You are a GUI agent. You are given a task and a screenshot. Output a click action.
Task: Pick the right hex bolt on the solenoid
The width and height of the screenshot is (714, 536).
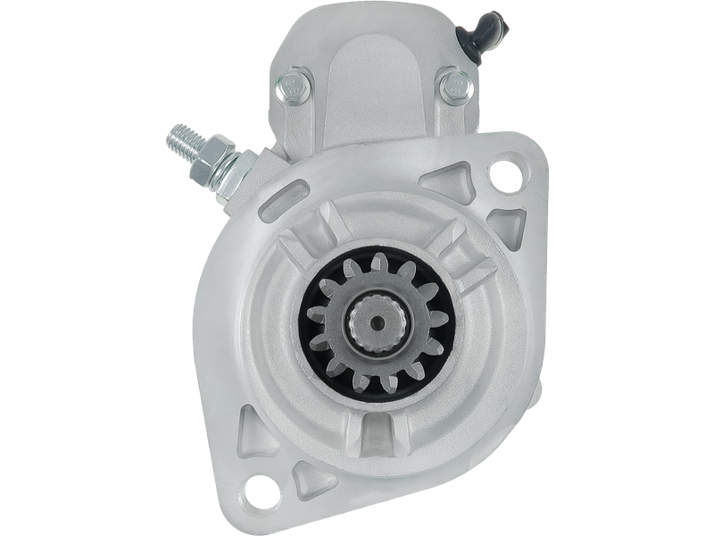(x=452, y=86)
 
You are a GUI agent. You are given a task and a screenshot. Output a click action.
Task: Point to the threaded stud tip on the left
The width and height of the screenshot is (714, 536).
(x=176, y=139)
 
